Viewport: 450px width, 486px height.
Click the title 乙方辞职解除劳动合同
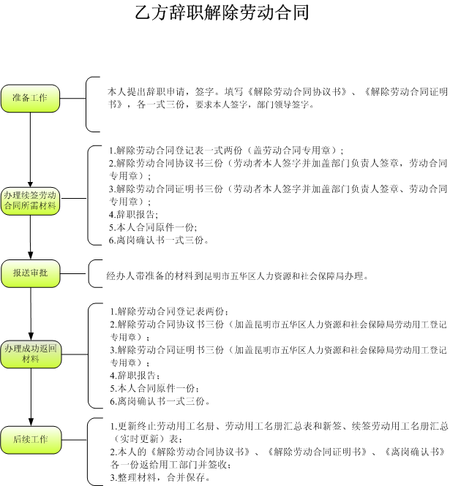point(222,12)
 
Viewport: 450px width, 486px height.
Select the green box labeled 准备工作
point(30,98)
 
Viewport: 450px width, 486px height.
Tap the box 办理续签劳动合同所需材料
point(30,201)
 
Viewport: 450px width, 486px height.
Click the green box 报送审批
point(31,273)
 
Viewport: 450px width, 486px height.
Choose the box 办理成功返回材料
point(31,354)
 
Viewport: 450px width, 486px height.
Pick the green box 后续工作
point(31,440)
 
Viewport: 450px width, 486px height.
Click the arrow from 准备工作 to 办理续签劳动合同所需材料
point(30,150)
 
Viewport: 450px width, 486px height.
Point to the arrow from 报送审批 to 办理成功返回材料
point(31,314)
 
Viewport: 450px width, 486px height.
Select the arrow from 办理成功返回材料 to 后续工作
point(31,397)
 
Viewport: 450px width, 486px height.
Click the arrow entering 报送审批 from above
point(31,237)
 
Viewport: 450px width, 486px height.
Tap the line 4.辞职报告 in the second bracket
point(133,214)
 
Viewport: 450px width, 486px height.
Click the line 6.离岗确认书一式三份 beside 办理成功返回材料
point(160,401)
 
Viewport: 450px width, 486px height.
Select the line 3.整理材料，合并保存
point(160,477)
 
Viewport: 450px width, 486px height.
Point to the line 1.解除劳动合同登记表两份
point(170,311)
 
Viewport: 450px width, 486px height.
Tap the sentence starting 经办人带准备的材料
point(237,276)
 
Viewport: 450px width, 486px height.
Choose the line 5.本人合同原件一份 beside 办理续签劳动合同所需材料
point(153,227)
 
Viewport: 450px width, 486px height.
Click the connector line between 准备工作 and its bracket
point(73,98)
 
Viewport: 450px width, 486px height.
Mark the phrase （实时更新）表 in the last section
point(146,439)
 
